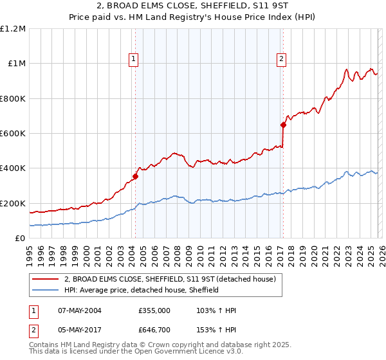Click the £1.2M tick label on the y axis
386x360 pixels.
pyautogui.click(x=13, y=29)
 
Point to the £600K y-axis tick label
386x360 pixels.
pyautogui.click(x=13, y=134)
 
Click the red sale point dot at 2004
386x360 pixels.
pyautogui.click(x=135, y=176)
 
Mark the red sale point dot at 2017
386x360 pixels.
pyautogui.click(x=282, y=125)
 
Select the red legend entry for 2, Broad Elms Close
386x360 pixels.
pyautogui.click(x=170, y=279)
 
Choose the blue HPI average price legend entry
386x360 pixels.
pyautogui.click(x=142, y=290)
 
